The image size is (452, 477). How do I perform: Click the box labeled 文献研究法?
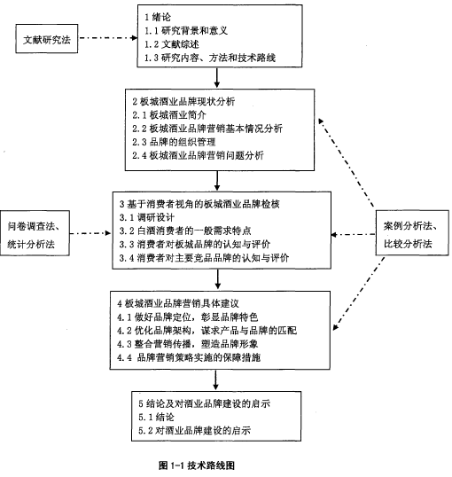tap(47, 39)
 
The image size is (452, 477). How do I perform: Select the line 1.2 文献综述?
tap(172, 44)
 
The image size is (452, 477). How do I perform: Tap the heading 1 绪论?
tap(158, 17)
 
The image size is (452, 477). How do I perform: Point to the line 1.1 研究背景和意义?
tap(186, 31)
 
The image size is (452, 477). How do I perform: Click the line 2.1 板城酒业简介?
tap(169, 115)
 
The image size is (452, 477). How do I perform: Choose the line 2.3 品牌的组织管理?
tap(174, 142)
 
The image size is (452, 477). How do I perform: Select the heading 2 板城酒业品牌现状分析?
tap(183, 101)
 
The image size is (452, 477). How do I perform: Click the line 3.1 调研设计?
tap(147, 217)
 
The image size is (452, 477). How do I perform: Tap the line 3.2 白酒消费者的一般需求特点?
tap(185, 231)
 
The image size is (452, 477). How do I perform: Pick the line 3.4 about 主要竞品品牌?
tap(204, 258)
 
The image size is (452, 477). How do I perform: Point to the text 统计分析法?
tap(31, 245)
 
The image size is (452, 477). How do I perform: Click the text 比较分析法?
tap(408, 244)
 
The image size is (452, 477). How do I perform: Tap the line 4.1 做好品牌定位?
tap(188, 317)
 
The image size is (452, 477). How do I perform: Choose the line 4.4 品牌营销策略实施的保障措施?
tap(189, 357)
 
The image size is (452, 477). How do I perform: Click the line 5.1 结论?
tap(156, 417)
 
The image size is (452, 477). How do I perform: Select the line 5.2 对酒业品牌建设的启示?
tap(195, 431)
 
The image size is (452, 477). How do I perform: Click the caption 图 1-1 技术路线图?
tap(197, 465)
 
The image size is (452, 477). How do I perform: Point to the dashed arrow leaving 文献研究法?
tap(109, 38)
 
